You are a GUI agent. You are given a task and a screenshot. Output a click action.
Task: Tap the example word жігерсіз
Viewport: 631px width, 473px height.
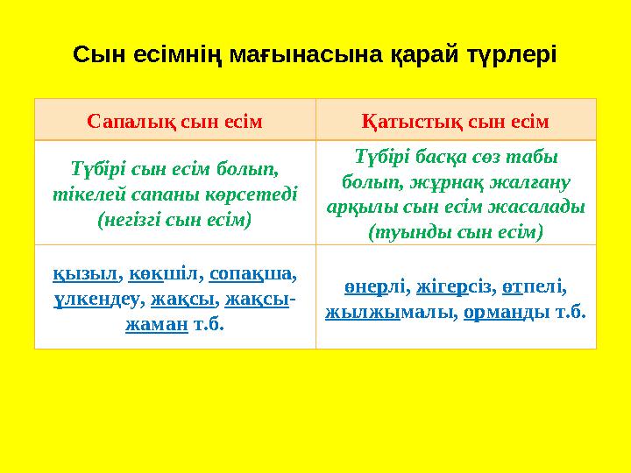(452, 286)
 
